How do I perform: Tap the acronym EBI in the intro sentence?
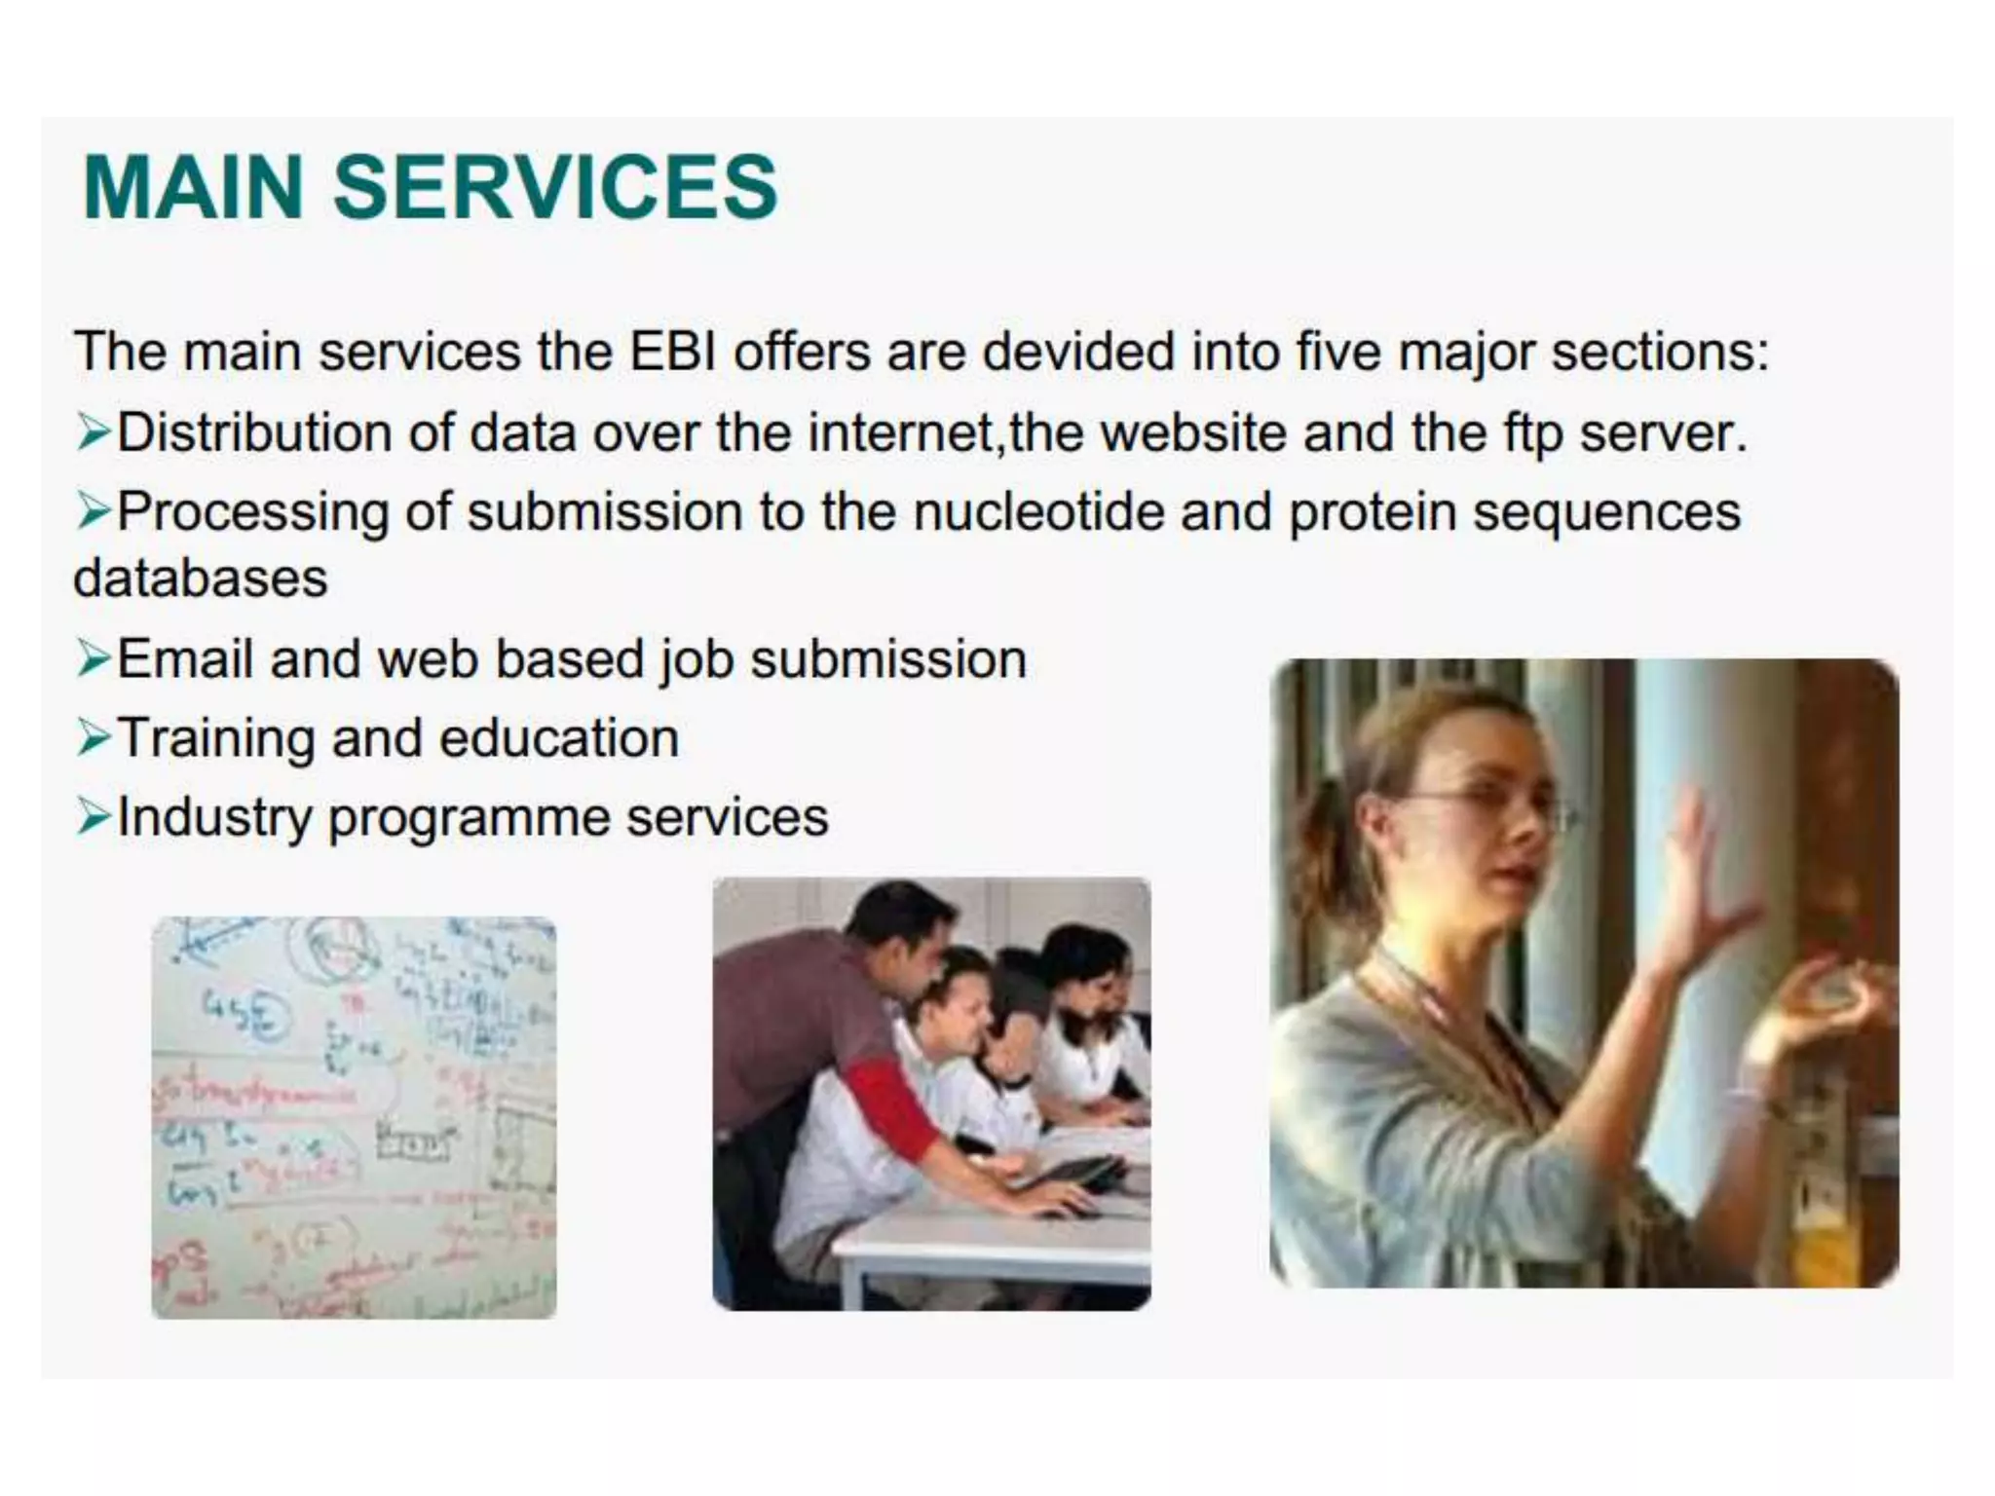[672, 352]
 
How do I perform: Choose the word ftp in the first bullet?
[1531, 433]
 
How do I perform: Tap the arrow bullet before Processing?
[94, 510]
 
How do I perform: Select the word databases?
[201, 579]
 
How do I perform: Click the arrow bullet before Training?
[94, 737]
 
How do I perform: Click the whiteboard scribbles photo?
[354, 1117]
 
